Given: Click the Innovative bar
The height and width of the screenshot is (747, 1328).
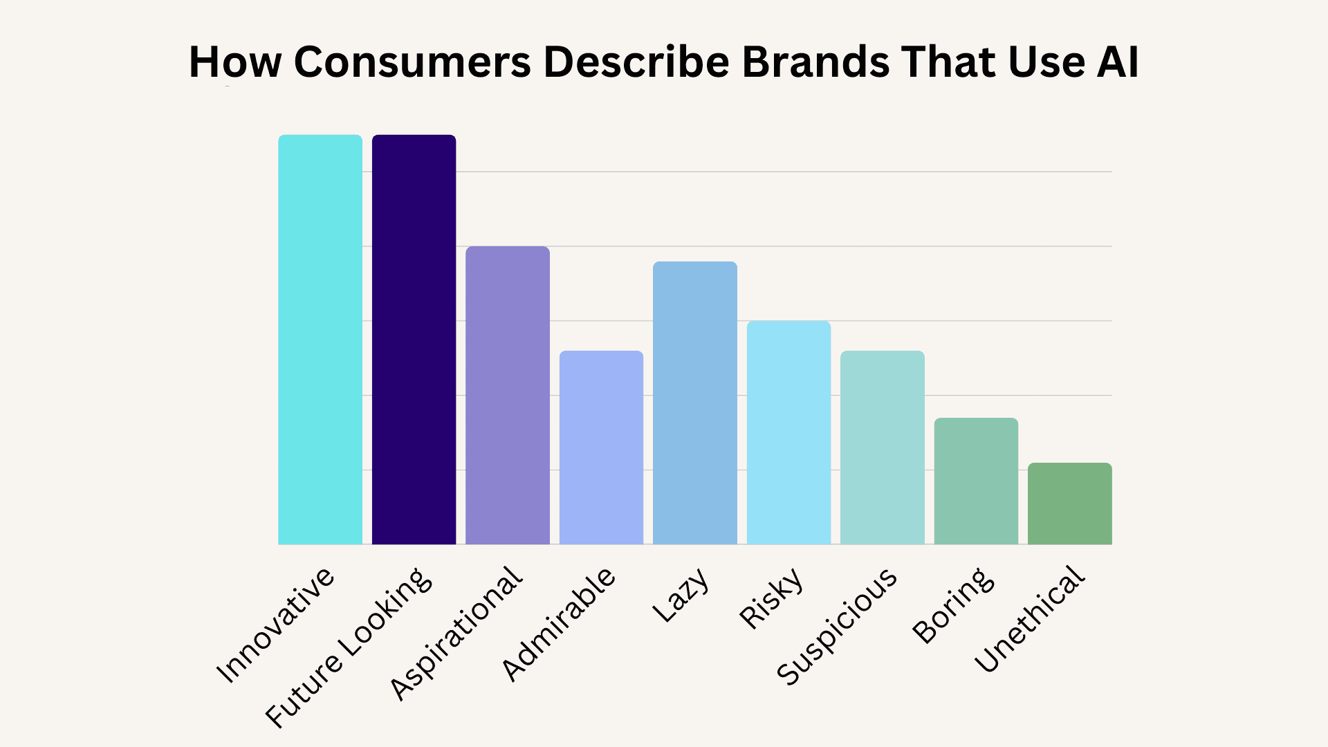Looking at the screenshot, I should click(320, 339).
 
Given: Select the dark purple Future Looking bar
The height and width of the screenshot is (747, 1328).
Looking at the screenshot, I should click(414, 339).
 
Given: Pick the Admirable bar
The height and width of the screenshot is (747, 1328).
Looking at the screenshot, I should click(601, 448).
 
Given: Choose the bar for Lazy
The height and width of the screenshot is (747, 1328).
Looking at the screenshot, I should click(695, 403).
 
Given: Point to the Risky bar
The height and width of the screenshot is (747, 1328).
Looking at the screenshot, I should click(788, 432).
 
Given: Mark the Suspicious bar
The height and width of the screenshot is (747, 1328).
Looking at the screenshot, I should click(883, 448).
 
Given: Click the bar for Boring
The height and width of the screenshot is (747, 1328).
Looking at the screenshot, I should click(976, 481).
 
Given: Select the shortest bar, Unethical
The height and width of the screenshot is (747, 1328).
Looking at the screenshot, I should click(1070, 504).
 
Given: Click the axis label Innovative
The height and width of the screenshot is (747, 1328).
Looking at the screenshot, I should click(275, 625).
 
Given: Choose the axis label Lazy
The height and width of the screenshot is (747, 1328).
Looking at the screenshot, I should click(681, 594).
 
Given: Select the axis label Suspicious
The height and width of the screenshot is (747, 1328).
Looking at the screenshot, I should click(836, 627).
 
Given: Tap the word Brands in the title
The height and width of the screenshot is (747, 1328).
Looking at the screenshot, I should click(815, 62).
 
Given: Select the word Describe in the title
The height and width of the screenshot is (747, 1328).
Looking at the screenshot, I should click(636, 62).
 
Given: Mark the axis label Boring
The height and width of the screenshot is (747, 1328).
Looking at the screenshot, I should click(953, 605).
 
